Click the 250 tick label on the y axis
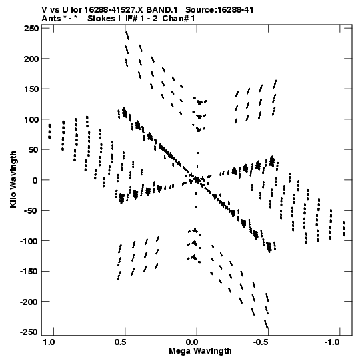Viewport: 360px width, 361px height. (x=31, y=29)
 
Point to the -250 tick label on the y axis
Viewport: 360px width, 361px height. (x=29, y=332)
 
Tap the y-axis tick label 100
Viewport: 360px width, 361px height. (x=31, y=119)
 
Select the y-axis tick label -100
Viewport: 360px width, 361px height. (x=29, y=241)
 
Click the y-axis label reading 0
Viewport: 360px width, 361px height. (x=35, y=180)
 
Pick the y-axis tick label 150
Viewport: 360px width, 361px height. (x=31, y=89)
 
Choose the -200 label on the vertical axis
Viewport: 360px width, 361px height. (x=29, y=302)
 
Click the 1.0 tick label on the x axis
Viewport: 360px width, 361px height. (x=49, y=342)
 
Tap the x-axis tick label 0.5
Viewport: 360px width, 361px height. (x=120, y=342)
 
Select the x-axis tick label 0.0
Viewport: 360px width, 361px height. (x=192, y=342)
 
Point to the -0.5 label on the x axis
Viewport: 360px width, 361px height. (x=261, y=342)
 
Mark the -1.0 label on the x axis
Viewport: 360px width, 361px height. (x=333, y=342)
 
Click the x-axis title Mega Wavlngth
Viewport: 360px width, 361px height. (x=200, y=351)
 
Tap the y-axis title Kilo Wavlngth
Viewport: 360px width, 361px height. (x=13, y=179)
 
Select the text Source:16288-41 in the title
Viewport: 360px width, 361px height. (x=219, y=10)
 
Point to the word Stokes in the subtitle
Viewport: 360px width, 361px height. (x=102, y=19)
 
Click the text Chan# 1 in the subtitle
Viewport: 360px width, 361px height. (x=179, y=19)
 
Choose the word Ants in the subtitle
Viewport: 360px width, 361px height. (x=51, y=19)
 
